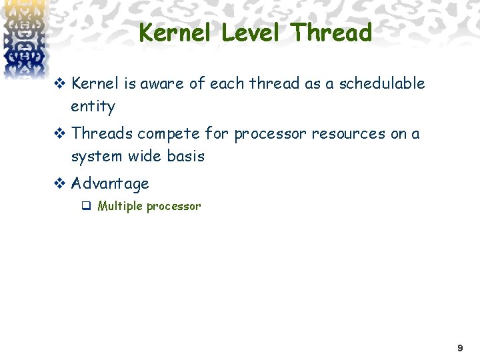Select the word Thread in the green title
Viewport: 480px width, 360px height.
click(331, 32)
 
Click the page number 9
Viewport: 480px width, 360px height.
click(459, 349)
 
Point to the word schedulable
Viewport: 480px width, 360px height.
click(381, 83)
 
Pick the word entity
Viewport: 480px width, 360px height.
click(93, 107)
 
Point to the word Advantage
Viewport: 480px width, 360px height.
click(110, 183)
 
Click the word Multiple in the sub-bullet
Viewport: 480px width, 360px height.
click(120, 206)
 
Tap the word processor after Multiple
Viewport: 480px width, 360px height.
click(173, 207)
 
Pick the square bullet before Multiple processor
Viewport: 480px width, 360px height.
click(86, 206)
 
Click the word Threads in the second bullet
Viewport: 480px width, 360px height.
click(102, 133)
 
